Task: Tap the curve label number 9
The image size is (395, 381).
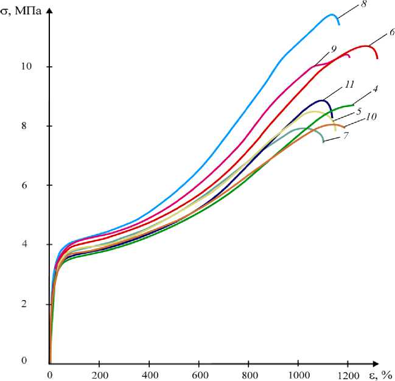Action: pyautogui.click(x=334, y=48)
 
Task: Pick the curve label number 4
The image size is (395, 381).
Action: pyautogui.click(x=376, y=89)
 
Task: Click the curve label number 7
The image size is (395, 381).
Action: pyautogui.click(x=345, y=135)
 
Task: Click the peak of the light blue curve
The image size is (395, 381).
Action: pyautogui.click(x=332, y=15)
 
